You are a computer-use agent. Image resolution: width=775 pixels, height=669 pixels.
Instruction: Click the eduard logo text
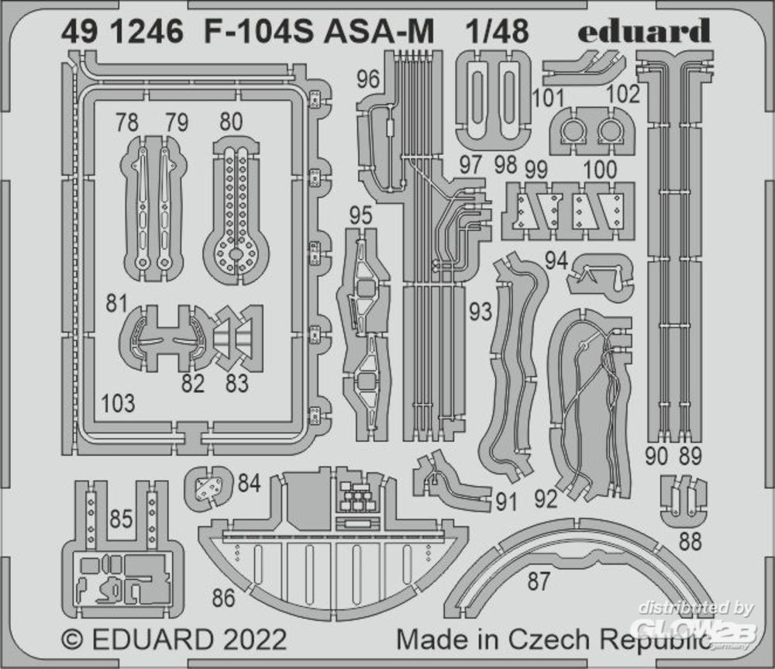click(x=645, y=31)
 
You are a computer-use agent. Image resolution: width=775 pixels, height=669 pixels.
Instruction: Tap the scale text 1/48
click(x=498, y=31)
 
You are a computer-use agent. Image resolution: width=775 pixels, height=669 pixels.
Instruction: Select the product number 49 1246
click(x=122, y=32)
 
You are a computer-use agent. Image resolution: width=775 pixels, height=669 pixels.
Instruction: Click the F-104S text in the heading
click(x=258, y=32)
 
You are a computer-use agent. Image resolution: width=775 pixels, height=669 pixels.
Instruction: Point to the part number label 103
click(x=118, y=403)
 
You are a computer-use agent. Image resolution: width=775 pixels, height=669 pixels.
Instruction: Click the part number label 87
click(x=539, y=581)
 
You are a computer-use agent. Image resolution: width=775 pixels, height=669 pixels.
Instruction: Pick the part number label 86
click(x=223, y=598)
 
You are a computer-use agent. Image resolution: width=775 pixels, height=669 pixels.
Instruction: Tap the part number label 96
click(x=367, y=79)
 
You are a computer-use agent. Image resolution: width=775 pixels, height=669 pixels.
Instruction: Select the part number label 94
click(x=556, y=261)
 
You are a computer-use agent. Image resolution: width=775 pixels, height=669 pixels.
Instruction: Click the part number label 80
click(x=231, y=122)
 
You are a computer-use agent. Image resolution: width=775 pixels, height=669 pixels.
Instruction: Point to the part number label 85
click(x=121, y=519)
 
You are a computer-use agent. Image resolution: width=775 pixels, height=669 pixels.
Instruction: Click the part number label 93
click(x=480, y=312)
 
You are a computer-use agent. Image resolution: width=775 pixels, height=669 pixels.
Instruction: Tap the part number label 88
click(x=690, y=541)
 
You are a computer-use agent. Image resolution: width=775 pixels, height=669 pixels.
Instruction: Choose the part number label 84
click(x=249, y=483)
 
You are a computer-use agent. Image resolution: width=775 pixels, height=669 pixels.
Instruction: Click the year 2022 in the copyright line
click(x=255, y=640)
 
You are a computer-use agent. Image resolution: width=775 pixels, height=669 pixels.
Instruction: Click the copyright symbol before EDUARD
click(x=72, y=640)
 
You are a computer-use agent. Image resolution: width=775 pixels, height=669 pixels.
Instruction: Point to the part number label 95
click(x=361, y=216)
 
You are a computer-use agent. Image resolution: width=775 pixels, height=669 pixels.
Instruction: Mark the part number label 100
click(x=600, y=170)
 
